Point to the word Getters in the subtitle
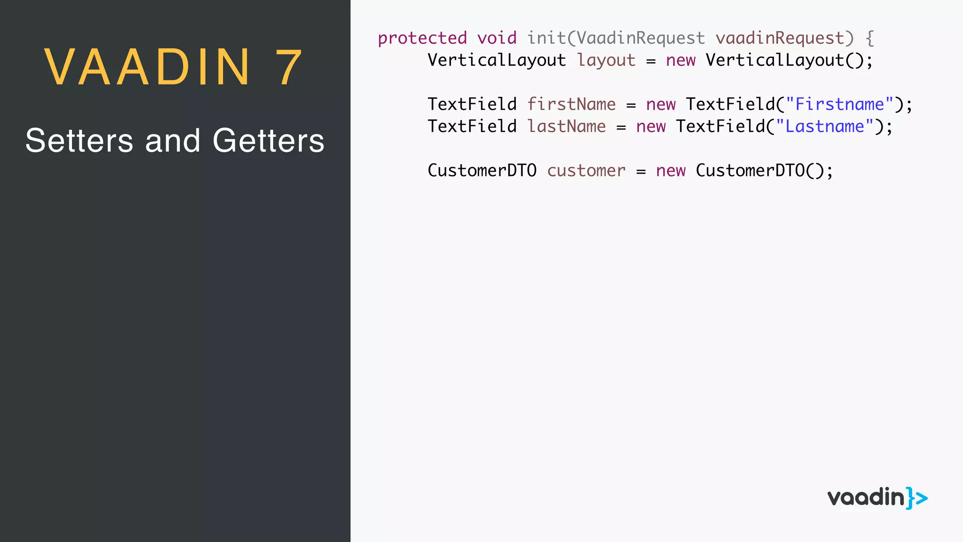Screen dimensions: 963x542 [268, 141]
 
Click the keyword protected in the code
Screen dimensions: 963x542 [422, 38]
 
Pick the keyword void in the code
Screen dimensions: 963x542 [497, 38]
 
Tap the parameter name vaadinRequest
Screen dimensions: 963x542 [780, 38]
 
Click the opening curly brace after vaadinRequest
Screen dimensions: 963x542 [870, 38]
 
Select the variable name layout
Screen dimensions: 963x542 [606, 60]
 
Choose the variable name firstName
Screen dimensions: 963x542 [571, 104]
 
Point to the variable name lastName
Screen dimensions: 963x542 [567, 127]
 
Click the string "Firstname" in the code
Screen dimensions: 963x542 [839, 104]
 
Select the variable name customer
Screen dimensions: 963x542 [586, 171]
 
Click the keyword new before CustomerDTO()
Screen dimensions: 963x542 [671, 171]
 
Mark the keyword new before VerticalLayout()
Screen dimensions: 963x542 [680, 60]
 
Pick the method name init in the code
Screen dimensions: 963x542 [546, 38]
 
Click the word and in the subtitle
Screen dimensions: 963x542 [173, 141]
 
